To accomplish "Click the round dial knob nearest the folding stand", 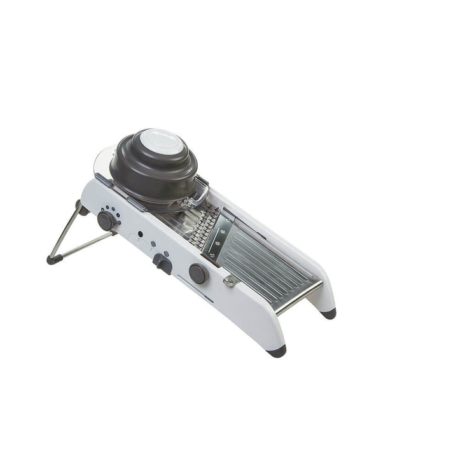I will pyautogui.click(x=106, y=220).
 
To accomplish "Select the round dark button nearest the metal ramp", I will pyautogui.click(x=197, y=273).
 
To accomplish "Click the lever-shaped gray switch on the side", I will pyautogui.click(x=162, y=262).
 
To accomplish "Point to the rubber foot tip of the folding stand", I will pyautogui.click(x=51, y=259).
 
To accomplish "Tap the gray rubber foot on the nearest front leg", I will pyautogui.click(x=277, y=350).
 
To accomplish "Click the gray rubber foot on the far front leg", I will pyautogui.click(x=328, y=313).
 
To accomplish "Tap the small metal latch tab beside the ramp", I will pyautogui.click(x=230, y=281).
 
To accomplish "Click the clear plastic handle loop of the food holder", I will pyautogui.click(x=198, y=191).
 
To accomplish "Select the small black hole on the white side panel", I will pyautogui.click(x=140, y=233).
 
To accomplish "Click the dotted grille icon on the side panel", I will pyautogui.click(x=153, y=243).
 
